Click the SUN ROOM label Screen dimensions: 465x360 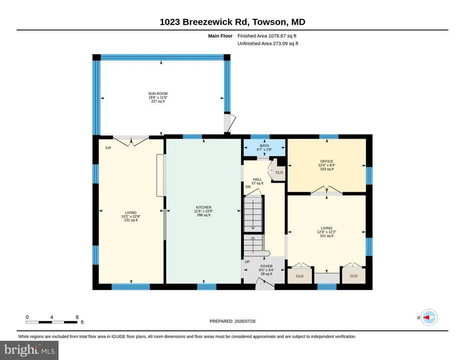click(x=158, y=94)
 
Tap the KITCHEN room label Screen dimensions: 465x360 click(x=203, y=207)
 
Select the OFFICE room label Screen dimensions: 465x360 click(x=326, y=161)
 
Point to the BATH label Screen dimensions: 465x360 click(x=264, y=146)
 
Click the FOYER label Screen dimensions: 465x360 click(x=266, y=266)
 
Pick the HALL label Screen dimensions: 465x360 click(x=257, y=179)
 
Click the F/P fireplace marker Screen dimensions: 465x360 click(x=108, y=148)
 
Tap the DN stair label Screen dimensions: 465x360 click(x=248, y=187)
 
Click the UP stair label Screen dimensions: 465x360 click(x=247, y=262)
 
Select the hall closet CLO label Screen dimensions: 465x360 click(x=279, y=172)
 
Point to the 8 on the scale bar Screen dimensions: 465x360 click(x=77, y=317)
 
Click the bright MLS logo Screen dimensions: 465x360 click(x=29, y=350)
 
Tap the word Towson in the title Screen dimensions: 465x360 click(x=270, y=22)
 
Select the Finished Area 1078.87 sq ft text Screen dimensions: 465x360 click(x=267, y=36)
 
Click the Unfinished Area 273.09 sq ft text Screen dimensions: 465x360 click(x=268, y=43)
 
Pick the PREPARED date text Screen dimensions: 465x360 click(x=232, y=321)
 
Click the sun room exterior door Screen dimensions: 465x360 click(x=230, y=123)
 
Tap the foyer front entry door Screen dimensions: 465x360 click(x=265, y=285)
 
